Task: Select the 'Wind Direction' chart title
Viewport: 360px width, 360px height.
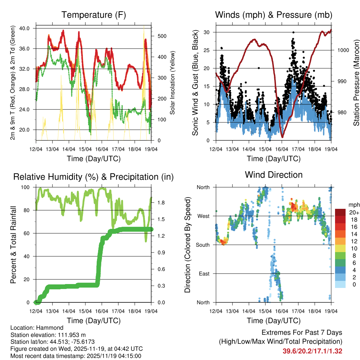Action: coord(274,174)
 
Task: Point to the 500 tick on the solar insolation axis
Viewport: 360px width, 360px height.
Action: coord(158,36)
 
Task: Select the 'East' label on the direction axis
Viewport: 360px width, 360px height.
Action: coord(204,274)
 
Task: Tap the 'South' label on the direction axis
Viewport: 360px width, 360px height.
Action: coord(202,245)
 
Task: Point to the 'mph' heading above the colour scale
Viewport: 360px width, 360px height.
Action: coord(353,205)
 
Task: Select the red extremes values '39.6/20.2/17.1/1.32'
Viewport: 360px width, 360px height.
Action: coord(312,351)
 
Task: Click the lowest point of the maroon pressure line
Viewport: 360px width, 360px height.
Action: coord(282,136)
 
